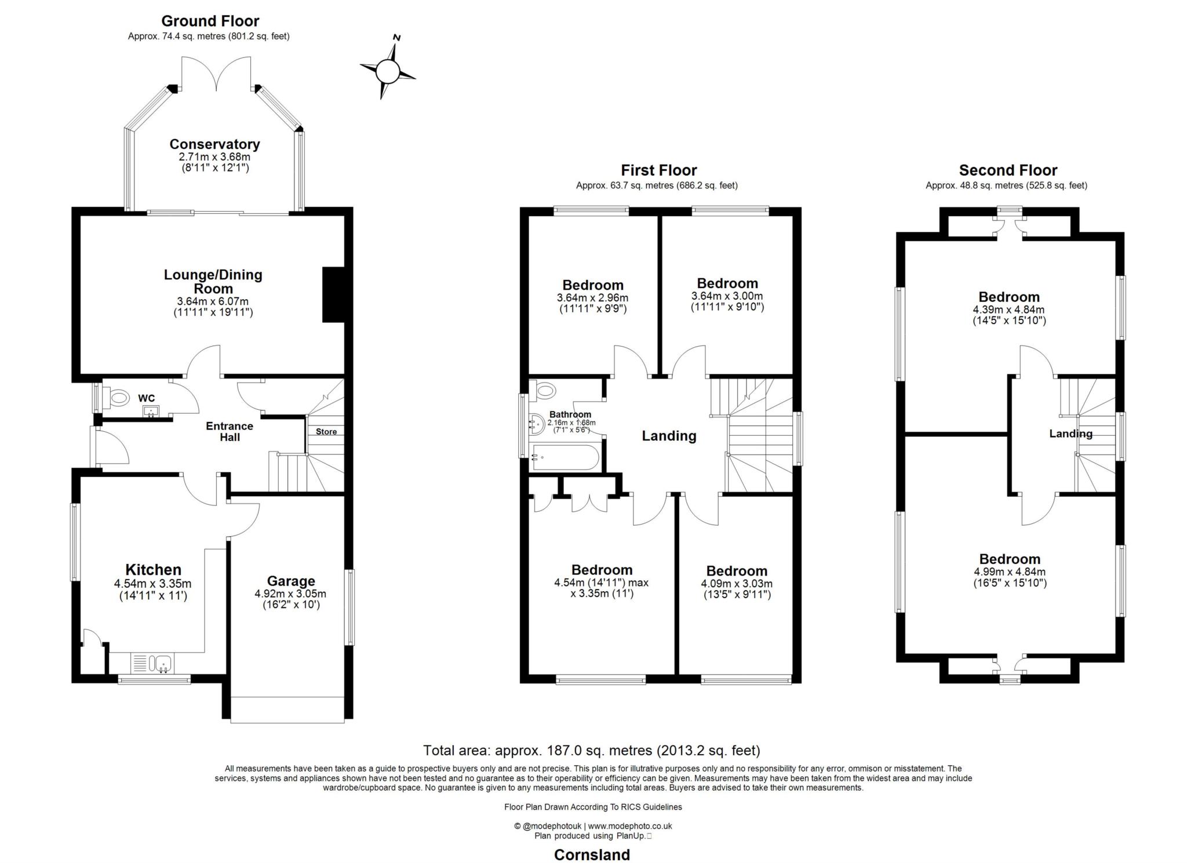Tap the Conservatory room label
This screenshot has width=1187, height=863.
pos(214,144)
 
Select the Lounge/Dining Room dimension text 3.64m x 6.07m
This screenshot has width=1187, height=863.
pos(213,301)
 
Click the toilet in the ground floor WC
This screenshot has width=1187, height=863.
pos(119,398)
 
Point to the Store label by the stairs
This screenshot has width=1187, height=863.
pos(326,431)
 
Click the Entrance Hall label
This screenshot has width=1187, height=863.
pos(230,431)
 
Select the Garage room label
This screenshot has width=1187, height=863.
pos(291,581)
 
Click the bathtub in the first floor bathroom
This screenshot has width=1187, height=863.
pos(565,457)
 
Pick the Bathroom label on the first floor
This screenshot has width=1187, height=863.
pos(570,414)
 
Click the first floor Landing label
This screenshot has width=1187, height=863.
pos(669,436)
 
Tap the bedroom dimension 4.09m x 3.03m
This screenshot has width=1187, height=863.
pos(737,584)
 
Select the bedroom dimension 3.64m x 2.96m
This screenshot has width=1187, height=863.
pos(592,298)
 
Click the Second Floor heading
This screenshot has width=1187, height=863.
pos(1008,170)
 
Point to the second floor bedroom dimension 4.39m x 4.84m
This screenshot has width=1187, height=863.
pos(1009,309)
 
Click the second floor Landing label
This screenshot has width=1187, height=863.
pos(1071,434)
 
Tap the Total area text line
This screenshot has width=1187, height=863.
pos(592,751)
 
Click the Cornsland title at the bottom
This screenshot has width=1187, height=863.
pos(592,855)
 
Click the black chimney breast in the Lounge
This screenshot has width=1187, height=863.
pos(333,294)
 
